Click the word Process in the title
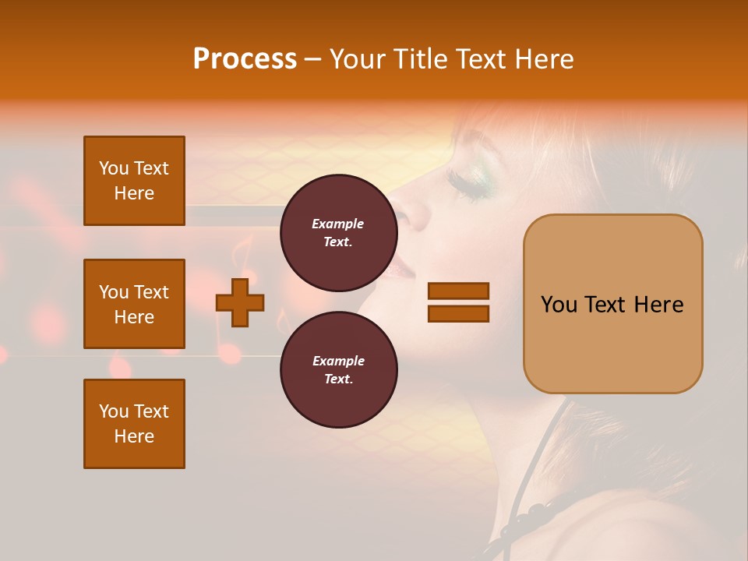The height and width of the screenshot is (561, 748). click(245, 59)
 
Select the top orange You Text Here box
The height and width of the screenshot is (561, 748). click(134, 181)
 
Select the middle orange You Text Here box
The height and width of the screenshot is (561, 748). click(134, 304)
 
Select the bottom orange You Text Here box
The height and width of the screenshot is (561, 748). click(134, 424)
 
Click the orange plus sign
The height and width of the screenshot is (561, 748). click(240, 302)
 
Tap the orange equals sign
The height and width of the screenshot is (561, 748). click(458, 302)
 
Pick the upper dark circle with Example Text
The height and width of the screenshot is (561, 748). click(338, 232)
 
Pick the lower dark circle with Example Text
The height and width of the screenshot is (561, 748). click(338, 369)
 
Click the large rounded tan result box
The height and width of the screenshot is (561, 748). click(612, 304)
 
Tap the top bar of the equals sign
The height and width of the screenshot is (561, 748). click(458, 291)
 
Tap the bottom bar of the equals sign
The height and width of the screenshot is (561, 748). click(458, 314)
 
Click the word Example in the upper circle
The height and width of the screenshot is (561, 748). click(338, 224)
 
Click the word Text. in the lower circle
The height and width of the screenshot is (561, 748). click(338, 379)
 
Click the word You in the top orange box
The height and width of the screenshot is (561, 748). click(114, 168)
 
